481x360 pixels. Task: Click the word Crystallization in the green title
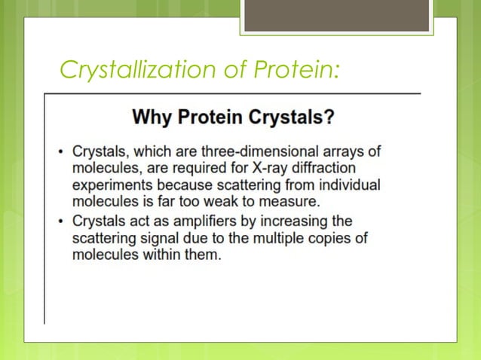[136, 72]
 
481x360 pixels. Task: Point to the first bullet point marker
[61, 151]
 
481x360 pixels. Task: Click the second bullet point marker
[61, 221]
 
